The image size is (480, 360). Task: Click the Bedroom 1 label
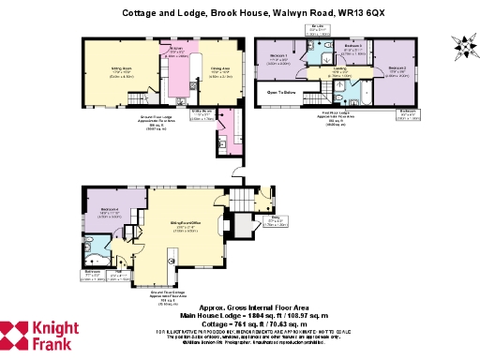[277, 57]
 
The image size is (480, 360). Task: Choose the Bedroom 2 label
[397, 68]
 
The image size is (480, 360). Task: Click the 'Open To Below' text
[281, 93]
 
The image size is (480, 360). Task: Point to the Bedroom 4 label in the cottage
[108, 209]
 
